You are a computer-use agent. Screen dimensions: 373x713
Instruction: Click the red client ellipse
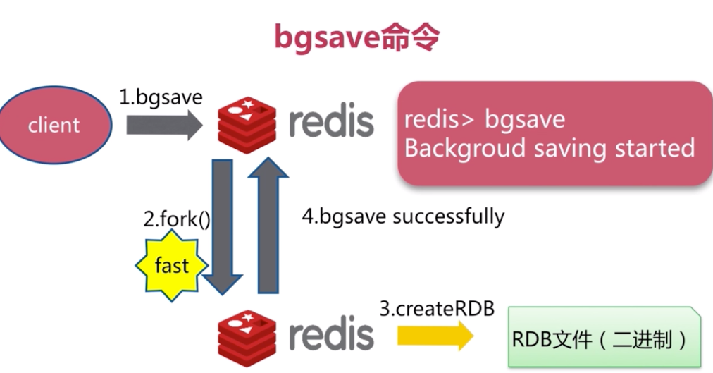pyautogui.click(x=54, y=126)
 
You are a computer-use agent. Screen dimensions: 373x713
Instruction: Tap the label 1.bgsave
pyautogui.click(x=161, y=97)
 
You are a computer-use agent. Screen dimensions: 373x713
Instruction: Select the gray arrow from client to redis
pyautogui.click(x=164, y=126)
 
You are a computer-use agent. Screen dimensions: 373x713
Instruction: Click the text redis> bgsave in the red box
pyautogui.click(x=485, y=119)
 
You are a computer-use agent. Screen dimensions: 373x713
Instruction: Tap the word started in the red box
pyautogui.click(x=655, y=149)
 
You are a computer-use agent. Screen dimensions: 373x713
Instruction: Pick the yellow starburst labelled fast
pyautogui.click(x=172, y=266)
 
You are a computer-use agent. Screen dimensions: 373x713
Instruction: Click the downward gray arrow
pyautogui.click(x=222, y=226)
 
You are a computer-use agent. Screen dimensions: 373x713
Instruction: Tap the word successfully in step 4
pyautogui.click(x=449, y=216)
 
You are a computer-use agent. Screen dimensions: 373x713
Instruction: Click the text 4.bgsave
pyautogui.click(x=345, y=216)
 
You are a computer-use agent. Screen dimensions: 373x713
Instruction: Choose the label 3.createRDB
pyautogui.click(x=437, y=309)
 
